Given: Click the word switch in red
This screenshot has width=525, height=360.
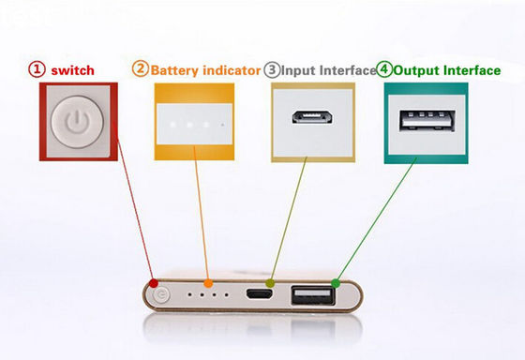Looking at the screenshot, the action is coord(73,69).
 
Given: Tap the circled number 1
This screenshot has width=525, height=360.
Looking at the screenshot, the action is coord(37,69).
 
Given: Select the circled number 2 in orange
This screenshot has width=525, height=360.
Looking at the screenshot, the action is coord(140,68).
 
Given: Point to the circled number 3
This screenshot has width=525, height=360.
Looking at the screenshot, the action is coord(272,68).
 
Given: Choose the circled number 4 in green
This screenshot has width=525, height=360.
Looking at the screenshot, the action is coord(384,68).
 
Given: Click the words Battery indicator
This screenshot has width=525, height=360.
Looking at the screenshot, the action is coord(204,69).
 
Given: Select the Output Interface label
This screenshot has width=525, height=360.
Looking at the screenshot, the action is coord(441,69).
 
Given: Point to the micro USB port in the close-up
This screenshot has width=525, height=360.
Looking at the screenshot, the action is coord(313,120).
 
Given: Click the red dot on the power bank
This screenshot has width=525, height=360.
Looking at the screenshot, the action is coord(153,282).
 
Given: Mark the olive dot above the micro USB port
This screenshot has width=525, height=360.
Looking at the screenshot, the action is coord(270,282).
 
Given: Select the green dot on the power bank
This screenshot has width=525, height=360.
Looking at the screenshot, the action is coord(336,282).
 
